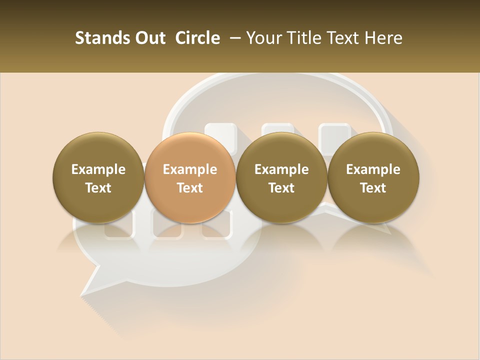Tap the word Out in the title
(149, 38)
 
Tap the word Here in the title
(383, 38)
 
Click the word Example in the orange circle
(190, 169)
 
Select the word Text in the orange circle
(190, 188)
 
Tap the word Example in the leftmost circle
(98, 169)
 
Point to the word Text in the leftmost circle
(98, 188)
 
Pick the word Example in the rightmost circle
(373, 169)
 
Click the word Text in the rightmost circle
(373, 188)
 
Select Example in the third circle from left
(281, 169)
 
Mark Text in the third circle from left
(281, 188)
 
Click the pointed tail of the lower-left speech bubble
(90, 290)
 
